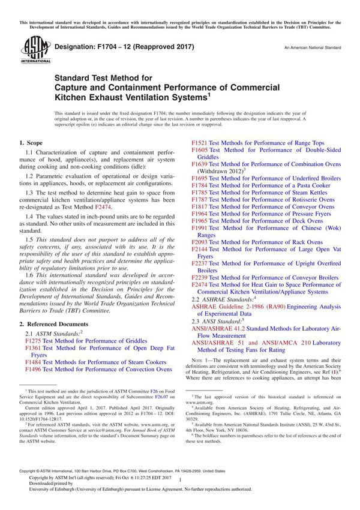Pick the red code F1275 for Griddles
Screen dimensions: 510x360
click(x=34, y=340)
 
